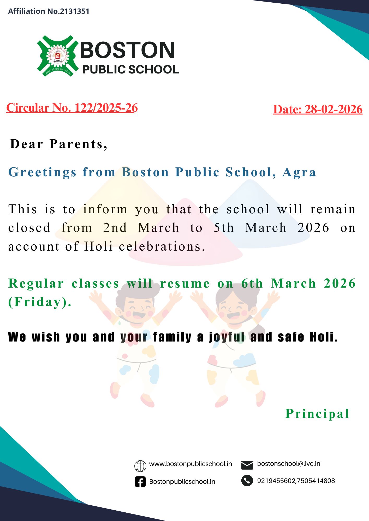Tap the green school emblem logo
(58, 56)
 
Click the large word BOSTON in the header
(127, 50)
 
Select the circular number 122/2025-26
(106, 108)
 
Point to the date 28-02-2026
(334, 109)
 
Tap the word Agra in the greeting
(299, 172)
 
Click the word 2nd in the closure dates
(115, 228)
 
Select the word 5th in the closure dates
(224, 228)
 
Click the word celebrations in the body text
(162, 246)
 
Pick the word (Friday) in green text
(40, 302)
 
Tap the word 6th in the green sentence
(252, 283)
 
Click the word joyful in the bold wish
(227, 337)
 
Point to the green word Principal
(317, 414)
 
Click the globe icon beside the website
(140, 466)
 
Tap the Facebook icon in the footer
(140, 482)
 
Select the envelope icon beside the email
(247, 465)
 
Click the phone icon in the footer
(247, 481)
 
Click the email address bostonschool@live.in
(289, 464)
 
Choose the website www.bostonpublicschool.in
(191, 464)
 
